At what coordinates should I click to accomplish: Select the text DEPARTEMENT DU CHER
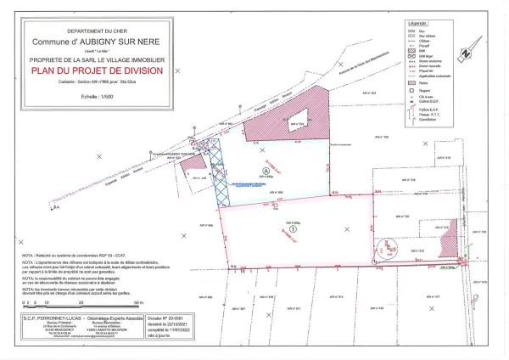98,31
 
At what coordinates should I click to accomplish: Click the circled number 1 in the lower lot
293,228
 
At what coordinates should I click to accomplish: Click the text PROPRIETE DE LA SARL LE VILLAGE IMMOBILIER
98,61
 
